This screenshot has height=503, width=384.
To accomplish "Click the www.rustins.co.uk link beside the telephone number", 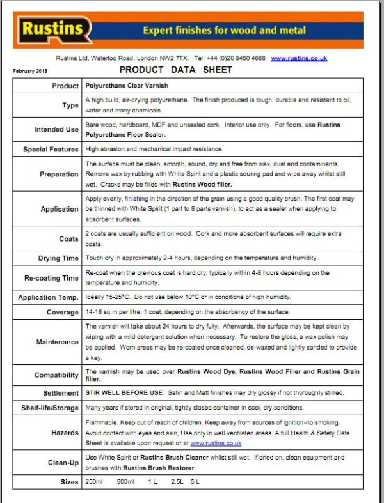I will tap(299, 58).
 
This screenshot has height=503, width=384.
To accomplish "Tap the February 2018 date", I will tap(30, 71).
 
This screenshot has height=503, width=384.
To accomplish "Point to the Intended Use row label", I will tap(56, 130).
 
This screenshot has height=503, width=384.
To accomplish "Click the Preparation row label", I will tap(59, 174).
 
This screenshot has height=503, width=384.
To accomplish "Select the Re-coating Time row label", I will tap(51, 278).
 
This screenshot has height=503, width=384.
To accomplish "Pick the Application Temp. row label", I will tap(48, 298).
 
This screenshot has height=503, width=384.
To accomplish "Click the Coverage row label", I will tap(62, 313).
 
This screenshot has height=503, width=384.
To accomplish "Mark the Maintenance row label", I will tap(57, 342).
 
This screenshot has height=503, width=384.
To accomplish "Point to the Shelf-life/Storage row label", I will tap(49, 408).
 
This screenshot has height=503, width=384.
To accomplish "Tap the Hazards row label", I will tap(65, 433).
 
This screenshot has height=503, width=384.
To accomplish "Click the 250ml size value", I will tap(94, 481).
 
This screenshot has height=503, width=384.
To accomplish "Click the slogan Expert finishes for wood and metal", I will tap(224, 30).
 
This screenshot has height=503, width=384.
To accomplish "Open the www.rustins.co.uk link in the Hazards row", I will tap(216, 442).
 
